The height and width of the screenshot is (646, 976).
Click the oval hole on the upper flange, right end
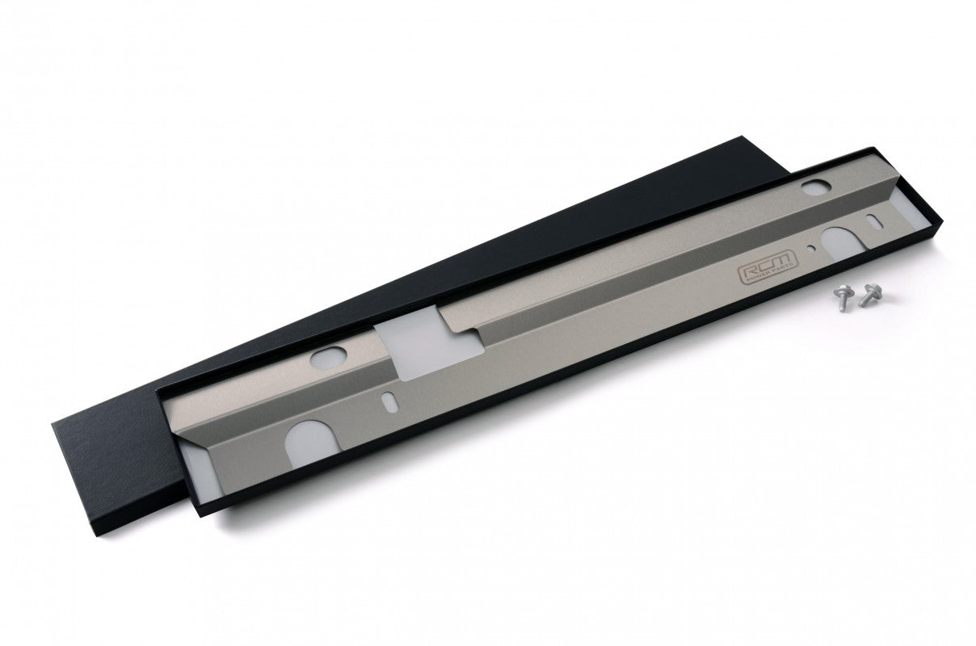811,187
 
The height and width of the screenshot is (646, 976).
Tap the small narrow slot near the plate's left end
389,400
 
